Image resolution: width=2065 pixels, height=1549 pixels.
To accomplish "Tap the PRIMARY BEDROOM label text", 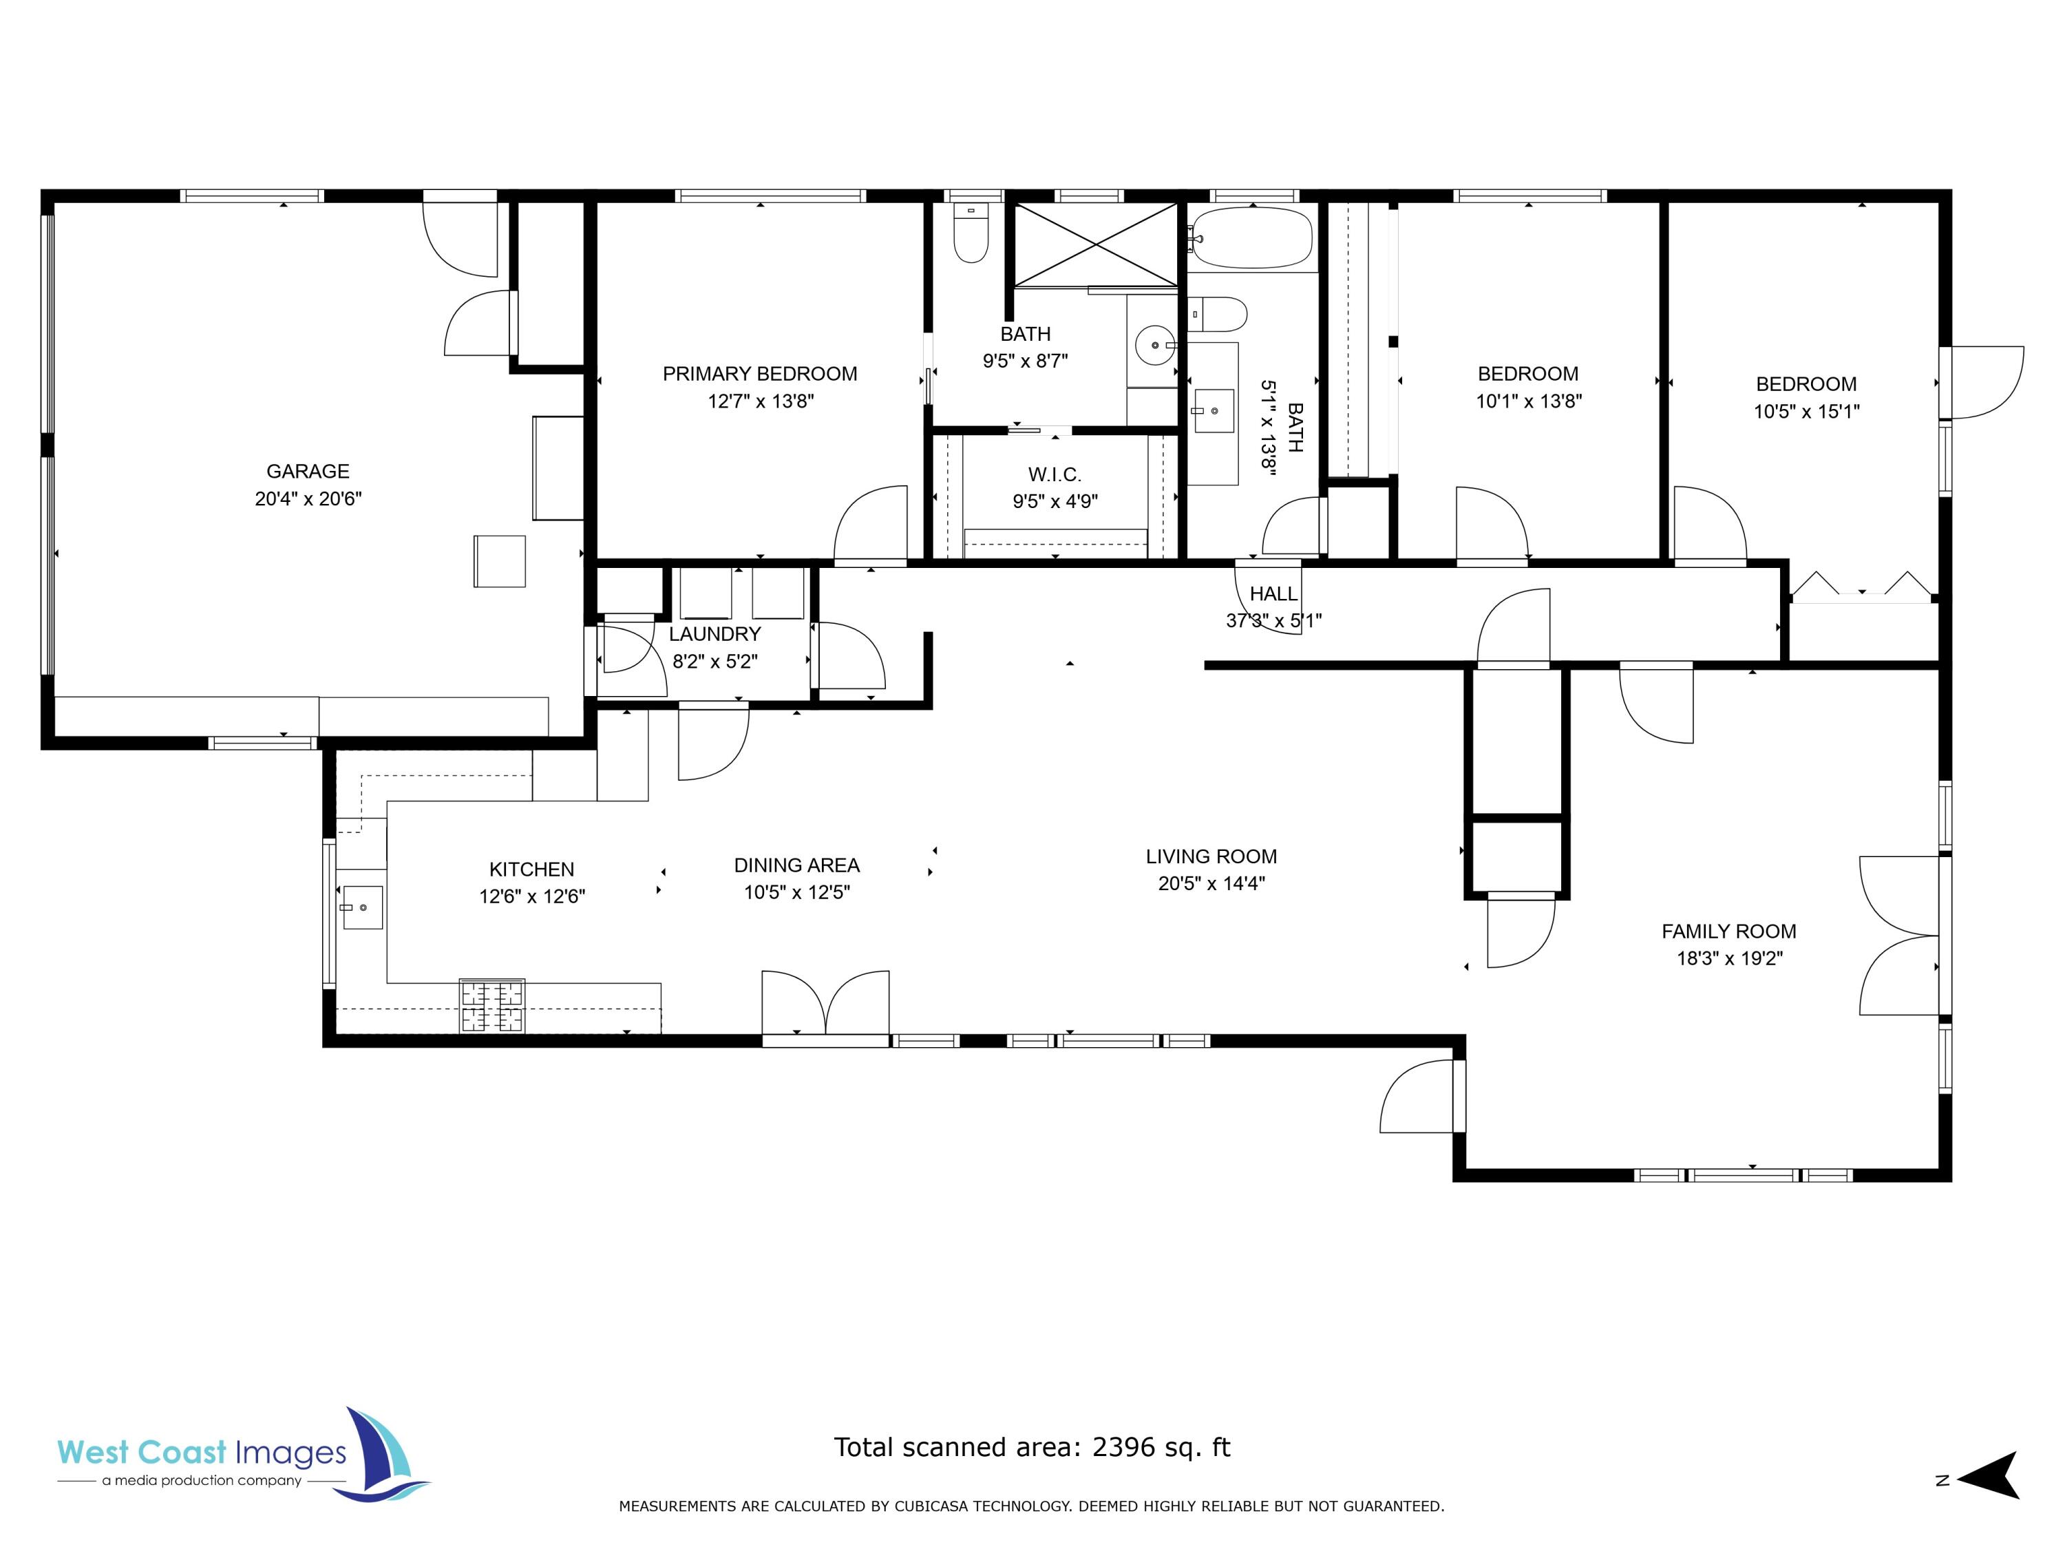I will point(759,373).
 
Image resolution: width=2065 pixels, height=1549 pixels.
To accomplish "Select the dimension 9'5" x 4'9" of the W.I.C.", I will point(1055,501).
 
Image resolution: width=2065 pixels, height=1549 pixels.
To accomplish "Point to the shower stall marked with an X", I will point(1096,244).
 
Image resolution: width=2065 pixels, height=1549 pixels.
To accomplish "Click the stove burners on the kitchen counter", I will point(492,1006).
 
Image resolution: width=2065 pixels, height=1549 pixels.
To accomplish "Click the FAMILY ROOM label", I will point(1728,931).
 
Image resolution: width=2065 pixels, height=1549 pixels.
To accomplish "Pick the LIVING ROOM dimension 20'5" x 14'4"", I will point(1211,883).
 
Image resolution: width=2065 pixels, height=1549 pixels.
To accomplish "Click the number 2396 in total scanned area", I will point(1123,1447).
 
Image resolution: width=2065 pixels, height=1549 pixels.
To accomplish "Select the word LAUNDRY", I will point(714,634).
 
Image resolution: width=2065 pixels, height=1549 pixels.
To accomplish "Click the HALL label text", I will point(1273,594).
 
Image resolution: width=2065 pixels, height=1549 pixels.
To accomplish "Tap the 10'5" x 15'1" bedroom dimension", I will point(1805,411).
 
